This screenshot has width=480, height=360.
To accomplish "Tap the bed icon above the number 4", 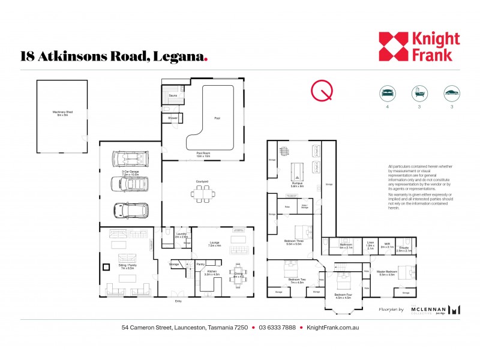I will (388, 93).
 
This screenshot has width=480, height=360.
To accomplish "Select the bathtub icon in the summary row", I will (419, 93).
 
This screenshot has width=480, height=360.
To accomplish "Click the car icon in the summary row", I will (451, 93).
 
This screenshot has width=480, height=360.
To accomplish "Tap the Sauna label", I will (173, 95).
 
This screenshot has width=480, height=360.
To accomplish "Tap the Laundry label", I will (181, 235).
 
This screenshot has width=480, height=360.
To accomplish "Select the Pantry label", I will (202, 263).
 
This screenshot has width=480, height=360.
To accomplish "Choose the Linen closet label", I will (370, 244).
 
